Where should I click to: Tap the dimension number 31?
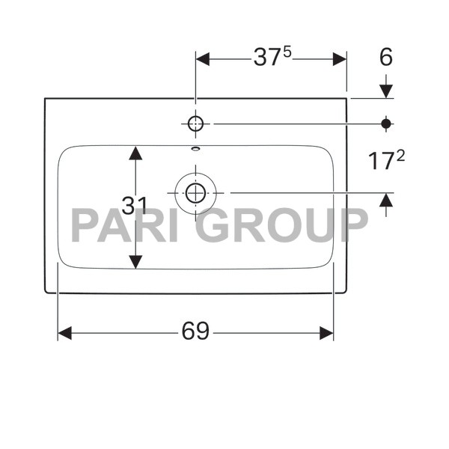[135, 207]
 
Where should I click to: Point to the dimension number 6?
[385, 58]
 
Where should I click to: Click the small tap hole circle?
[195, 123]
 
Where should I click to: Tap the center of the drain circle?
[195, 193]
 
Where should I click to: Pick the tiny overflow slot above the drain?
[195, 148]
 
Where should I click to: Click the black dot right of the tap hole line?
[386, 123]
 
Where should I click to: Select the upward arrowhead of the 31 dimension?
[135, 153]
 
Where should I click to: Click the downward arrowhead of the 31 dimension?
[135, 262]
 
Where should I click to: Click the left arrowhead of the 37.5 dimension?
[203, 58]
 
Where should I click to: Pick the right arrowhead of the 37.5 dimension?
[340, 58]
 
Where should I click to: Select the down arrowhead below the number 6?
[386, 91]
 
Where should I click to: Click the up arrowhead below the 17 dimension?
[386, 200]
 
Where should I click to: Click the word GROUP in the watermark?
[284, 225]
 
